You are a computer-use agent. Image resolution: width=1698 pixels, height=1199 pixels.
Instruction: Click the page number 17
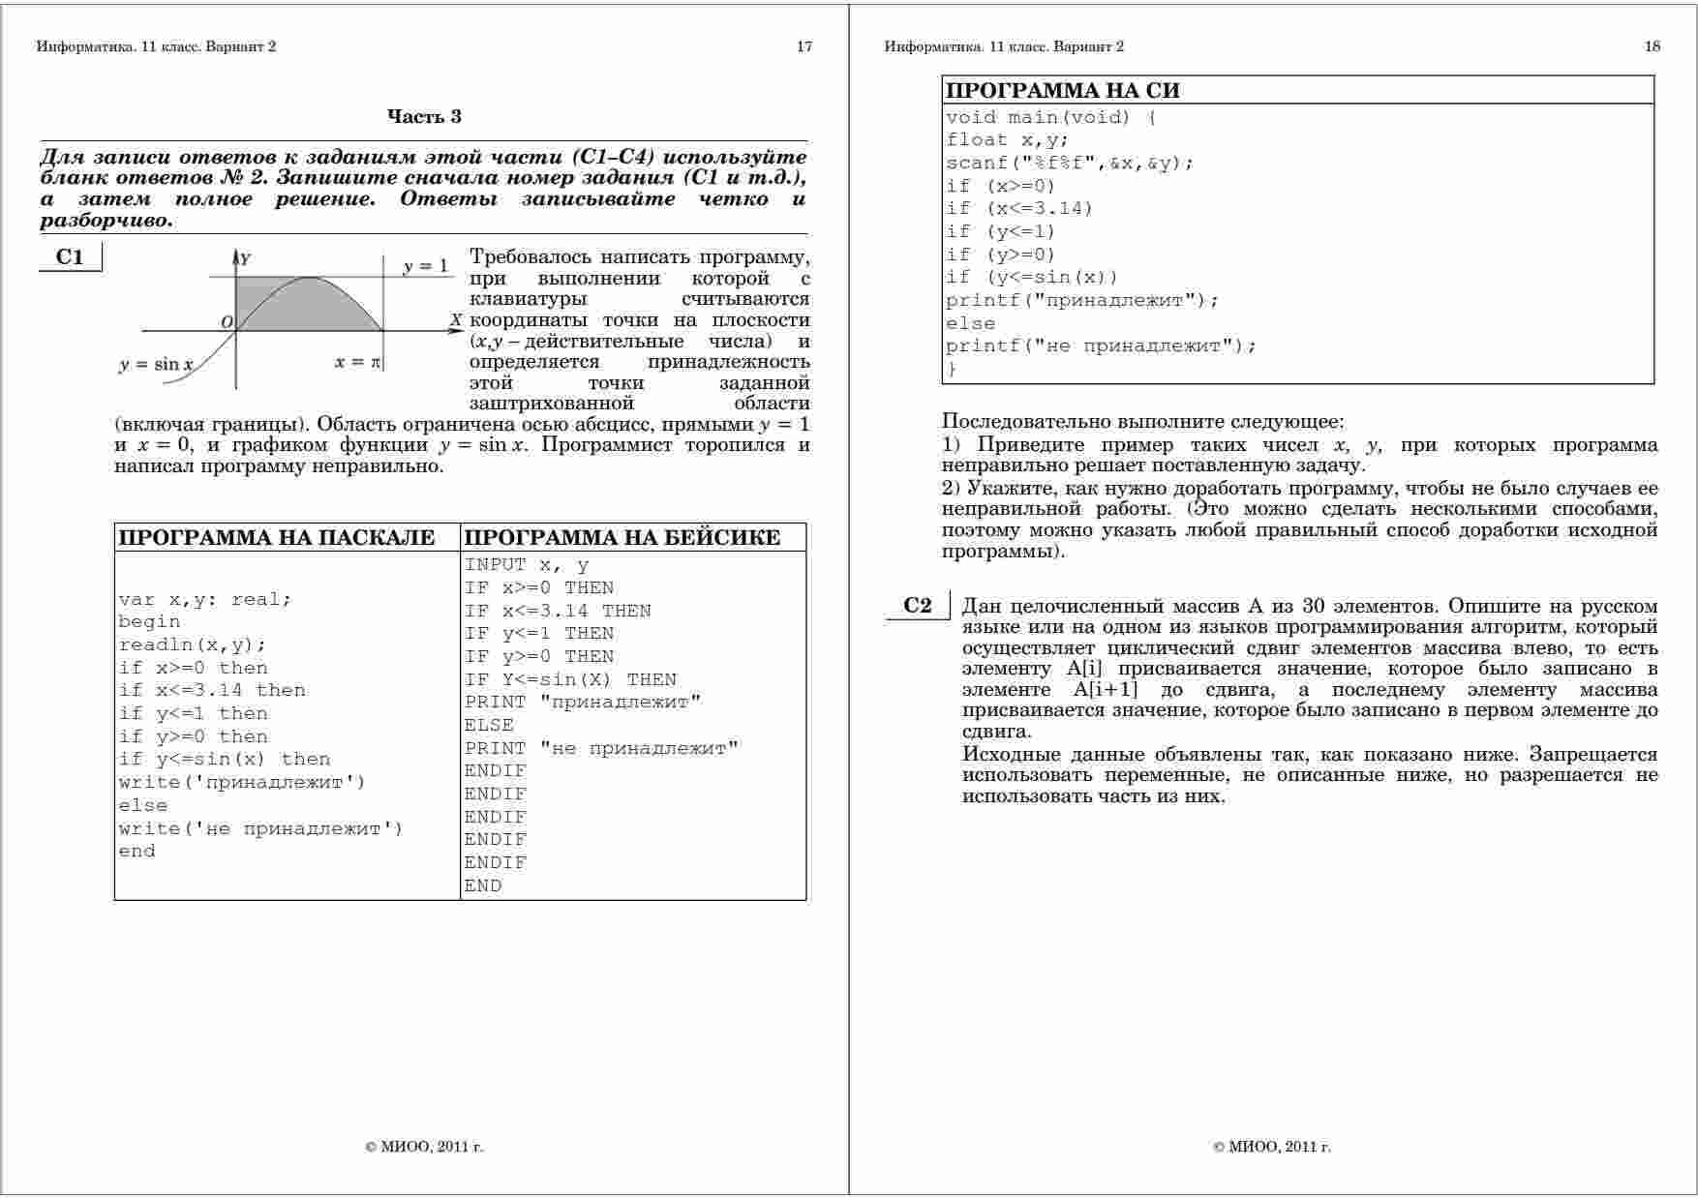tap(804, 46)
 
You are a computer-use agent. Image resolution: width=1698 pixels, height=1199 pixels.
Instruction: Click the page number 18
tap(1653, 46)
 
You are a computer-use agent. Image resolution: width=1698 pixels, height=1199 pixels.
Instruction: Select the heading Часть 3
tap(424, 117)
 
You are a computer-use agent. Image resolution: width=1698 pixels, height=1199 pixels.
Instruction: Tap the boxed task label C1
tap(70, 257)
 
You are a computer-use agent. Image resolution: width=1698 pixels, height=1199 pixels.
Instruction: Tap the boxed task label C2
tap(917, 606)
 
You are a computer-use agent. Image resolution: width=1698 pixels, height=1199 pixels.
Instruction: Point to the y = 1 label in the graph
tap(426, 266)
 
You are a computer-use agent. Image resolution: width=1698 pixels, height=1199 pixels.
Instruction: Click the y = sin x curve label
tap(156, 365)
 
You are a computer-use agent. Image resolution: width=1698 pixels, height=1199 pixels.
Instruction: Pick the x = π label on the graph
tap(358, 362)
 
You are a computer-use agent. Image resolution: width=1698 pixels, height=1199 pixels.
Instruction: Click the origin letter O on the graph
tap(227, 322)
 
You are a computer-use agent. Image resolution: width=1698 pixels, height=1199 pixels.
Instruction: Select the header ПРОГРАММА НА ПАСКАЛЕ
tap(276, 538)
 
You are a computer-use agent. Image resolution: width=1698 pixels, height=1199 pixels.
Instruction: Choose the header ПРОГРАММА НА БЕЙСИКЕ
tap(622, 538)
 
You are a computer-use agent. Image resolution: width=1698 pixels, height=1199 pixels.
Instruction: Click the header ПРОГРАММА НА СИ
tap(1062, 91)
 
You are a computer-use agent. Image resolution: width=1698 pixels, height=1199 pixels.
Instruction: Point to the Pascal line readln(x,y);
tap(192, 644)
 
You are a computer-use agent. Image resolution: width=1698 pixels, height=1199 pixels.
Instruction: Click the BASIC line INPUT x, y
tap(527, 565)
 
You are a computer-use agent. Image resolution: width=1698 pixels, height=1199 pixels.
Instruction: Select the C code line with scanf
tap(1070, 164)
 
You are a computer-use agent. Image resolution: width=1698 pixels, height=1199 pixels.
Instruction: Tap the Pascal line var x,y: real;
tap(204, 599)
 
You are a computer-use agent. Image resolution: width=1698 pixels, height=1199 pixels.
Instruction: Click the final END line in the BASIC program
tap(483, 885)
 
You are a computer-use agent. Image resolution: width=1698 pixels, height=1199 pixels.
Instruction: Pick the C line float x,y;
tap(1007, 140)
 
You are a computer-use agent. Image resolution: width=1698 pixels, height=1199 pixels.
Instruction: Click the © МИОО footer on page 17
tap(424, 1147)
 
